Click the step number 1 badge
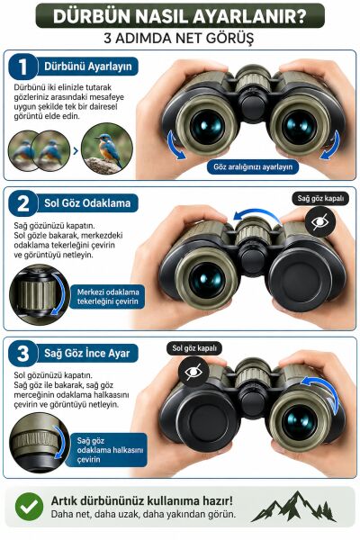click(x=22, y=67)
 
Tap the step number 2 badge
click(x=22, y=203)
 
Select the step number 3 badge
click(x=22, y=354)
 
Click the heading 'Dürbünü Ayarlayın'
click(x=88, y=66)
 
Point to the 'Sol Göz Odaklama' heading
click(x=87, y=202)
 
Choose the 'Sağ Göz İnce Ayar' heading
click(x=86, y=353)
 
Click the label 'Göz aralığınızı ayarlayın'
click(x=253, y=167)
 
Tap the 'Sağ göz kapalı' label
click(x=320, y=198)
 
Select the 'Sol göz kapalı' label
click(x=194, y=348)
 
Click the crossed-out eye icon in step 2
click(x=320, y=221)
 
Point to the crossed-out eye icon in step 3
click(x=193, y=372)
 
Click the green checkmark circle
click(x=30, y=507)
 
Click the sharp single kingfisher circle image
click(x=107, y=148)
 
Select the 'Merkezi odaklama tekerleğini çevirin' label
click(x=108, y=296)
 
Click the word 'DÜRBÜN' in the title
click(x=91, y=16)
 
